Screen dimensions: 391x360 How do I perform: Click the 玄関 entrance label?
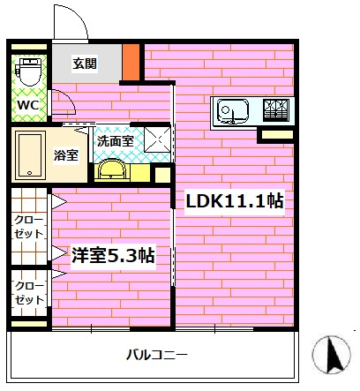point(85,63)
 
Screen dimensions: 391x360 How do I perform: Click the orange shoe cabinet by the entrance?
point(131,60)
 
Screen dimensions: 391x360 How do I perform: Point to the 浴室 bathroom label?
point(66,155)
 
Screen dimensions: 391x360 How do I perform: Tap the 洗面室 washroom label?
point(114,139)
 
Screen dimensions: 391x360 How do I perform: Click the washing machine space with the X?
point(157,139)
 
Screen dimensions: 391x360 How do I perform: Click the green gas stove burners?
point(274,111)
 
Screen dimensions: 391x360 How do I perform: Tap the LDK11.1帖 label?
point(234,200)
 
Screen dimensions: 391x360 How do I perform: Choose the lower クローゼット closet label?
point(28,294)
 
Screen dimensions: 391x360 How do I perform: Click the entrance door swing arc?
point(72,25)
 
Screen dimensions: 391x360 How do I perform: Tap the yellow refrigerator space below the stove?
point(275,135)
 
